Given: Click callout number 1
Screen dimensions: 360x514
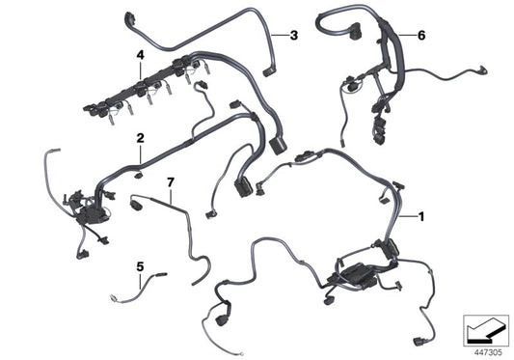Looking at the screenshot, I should (420, 217).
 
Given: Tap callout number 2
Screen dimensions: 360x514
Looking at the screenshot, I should (140, 139).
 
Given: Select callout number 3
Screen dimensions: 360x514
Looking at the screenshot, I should (294, 36).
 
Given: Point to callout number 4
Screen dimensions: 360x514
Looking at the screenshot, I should (141, 56).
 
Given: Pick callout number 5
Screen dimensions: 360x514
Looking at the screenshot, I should (140, 265).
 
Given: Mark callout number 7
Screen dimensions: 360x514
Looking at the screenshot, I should (170, 181).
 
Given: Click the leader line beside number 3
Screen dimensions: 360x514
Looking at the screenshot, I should (280, 36).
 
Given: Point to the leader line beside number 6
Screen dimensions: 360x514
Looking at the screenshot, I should (407, 35).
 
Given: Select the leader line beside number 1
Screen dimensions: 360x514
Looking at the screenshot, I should (407, 217).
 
